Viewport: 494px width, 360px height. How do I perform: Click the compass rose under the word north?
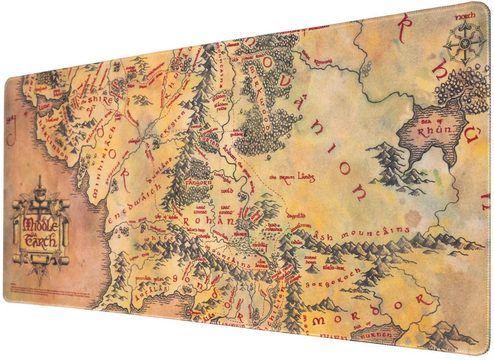coord(465,43)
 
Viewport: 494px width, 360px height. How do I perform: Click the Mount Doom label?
coord(311,259)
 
